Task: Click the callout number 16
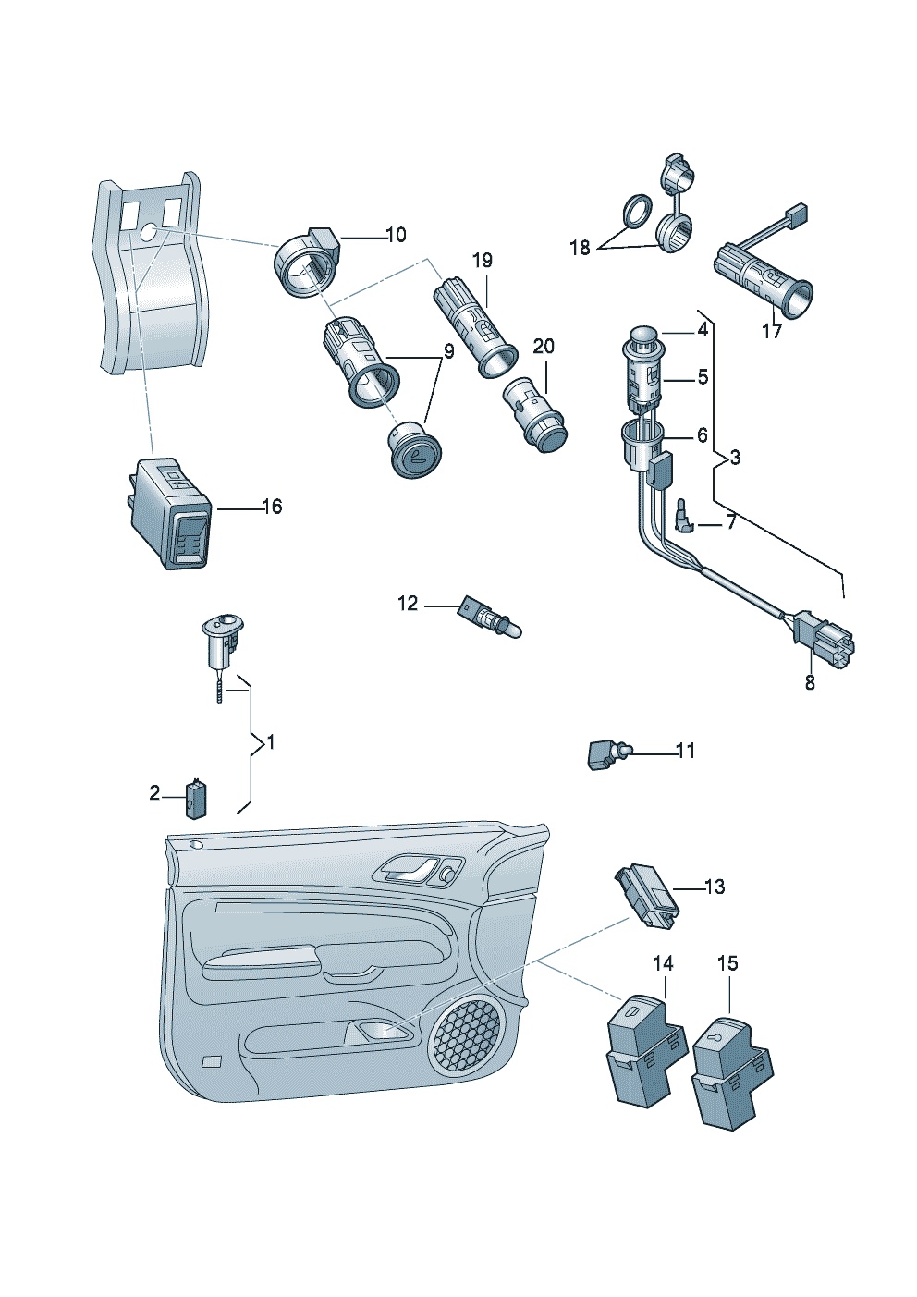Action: [272, 507]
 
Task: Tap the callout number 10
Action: [396, 235]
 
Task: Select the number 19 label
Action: [483, 261]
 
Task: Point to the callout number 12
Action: [408, 604]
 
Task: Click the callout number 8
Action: [810, 683]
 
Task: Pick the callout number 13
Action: [715, 887]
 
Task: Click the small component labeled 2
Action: [195, 799]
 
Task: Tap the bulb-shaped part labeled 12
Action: [490, 618]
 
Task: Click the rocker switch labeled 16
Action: [173, 515]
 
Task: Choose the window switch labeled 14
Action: [645, 1050]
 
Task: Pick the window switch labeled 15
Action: [730, 1072]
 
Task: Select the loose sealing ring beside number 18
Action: [634, 210]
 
